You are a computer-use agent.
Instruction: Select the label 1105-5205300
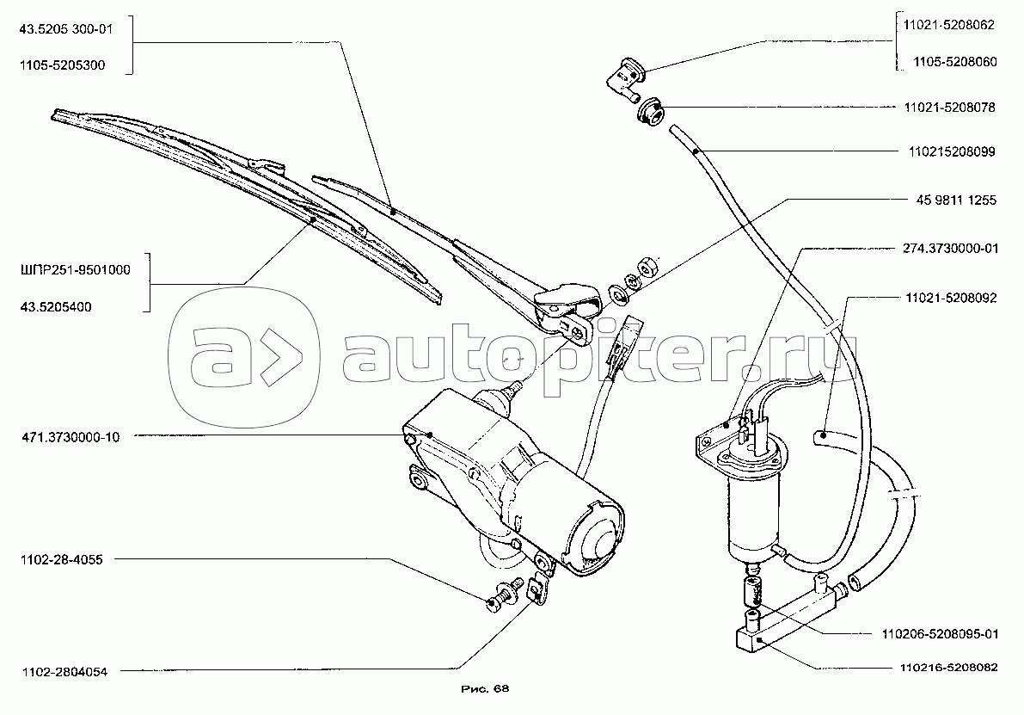click(x=60, y=65)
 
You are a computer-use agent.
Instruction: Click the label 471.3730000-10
click(x=66, y=437)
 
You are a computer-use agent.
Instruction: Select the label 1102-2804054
click(x=59, y=672)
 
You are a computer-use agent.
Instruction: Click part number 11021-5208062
click(x=949, y=26)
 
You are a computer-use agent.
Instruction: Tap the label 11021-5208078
click(x=949, y=108)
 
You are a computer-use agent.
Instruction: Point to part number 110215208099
click(x=949, y=152)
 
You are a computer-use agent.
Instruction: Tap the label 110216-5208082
click(x=949, y=667)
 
